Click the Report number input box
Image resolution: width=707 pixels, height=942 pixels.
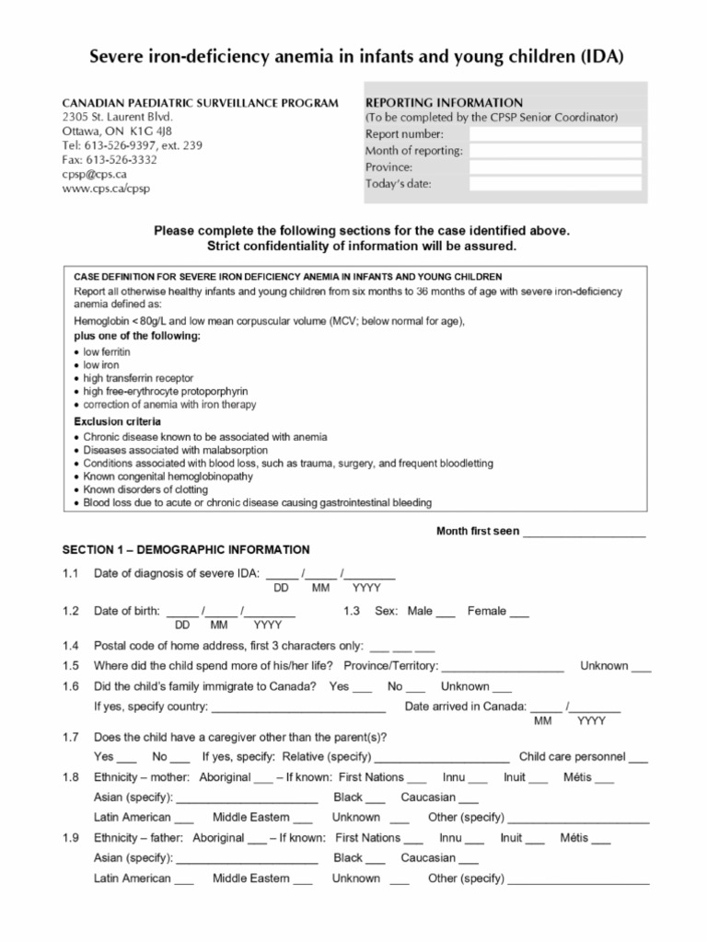pos(554,134)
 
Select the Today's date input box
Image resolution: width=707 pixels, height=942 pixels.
pos(554,184)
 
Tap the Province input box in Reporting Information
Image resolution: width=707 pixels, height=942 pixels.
pos(554,167)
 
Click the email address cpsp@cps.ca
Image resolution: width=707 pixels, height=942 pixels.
pos(94,174)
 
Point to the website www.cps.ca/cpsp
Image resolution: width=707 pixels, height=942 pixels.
pos(106,189)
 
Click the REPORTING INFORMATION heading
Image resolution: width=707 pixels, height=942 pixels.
pos(444,102)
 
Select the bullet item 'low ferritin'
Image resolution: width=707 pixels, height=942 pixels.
pos(107,352)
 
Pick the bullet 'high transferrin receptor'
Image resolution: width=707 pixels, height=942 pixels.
pos(138,378)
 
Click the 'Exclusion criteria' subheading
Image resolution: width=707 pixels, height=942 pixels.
pos(117,421)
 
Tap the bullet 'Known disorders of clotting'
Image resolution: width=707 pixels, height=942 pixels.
pos(145,489)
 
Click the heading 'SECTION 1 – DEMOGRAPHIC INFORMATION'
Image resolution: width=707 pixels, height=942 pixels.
pos(186,550)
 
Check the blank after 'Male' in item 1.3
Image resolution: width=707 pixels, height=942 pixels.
pos(446,613)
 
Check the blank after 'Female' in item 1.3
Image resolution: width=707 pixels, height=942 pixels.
pos(519,613)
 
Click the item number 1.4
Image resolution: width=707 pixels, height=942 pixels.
pos(71,647)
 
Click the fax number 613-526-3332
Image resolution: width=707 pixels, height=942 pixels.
pos(110,159)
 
